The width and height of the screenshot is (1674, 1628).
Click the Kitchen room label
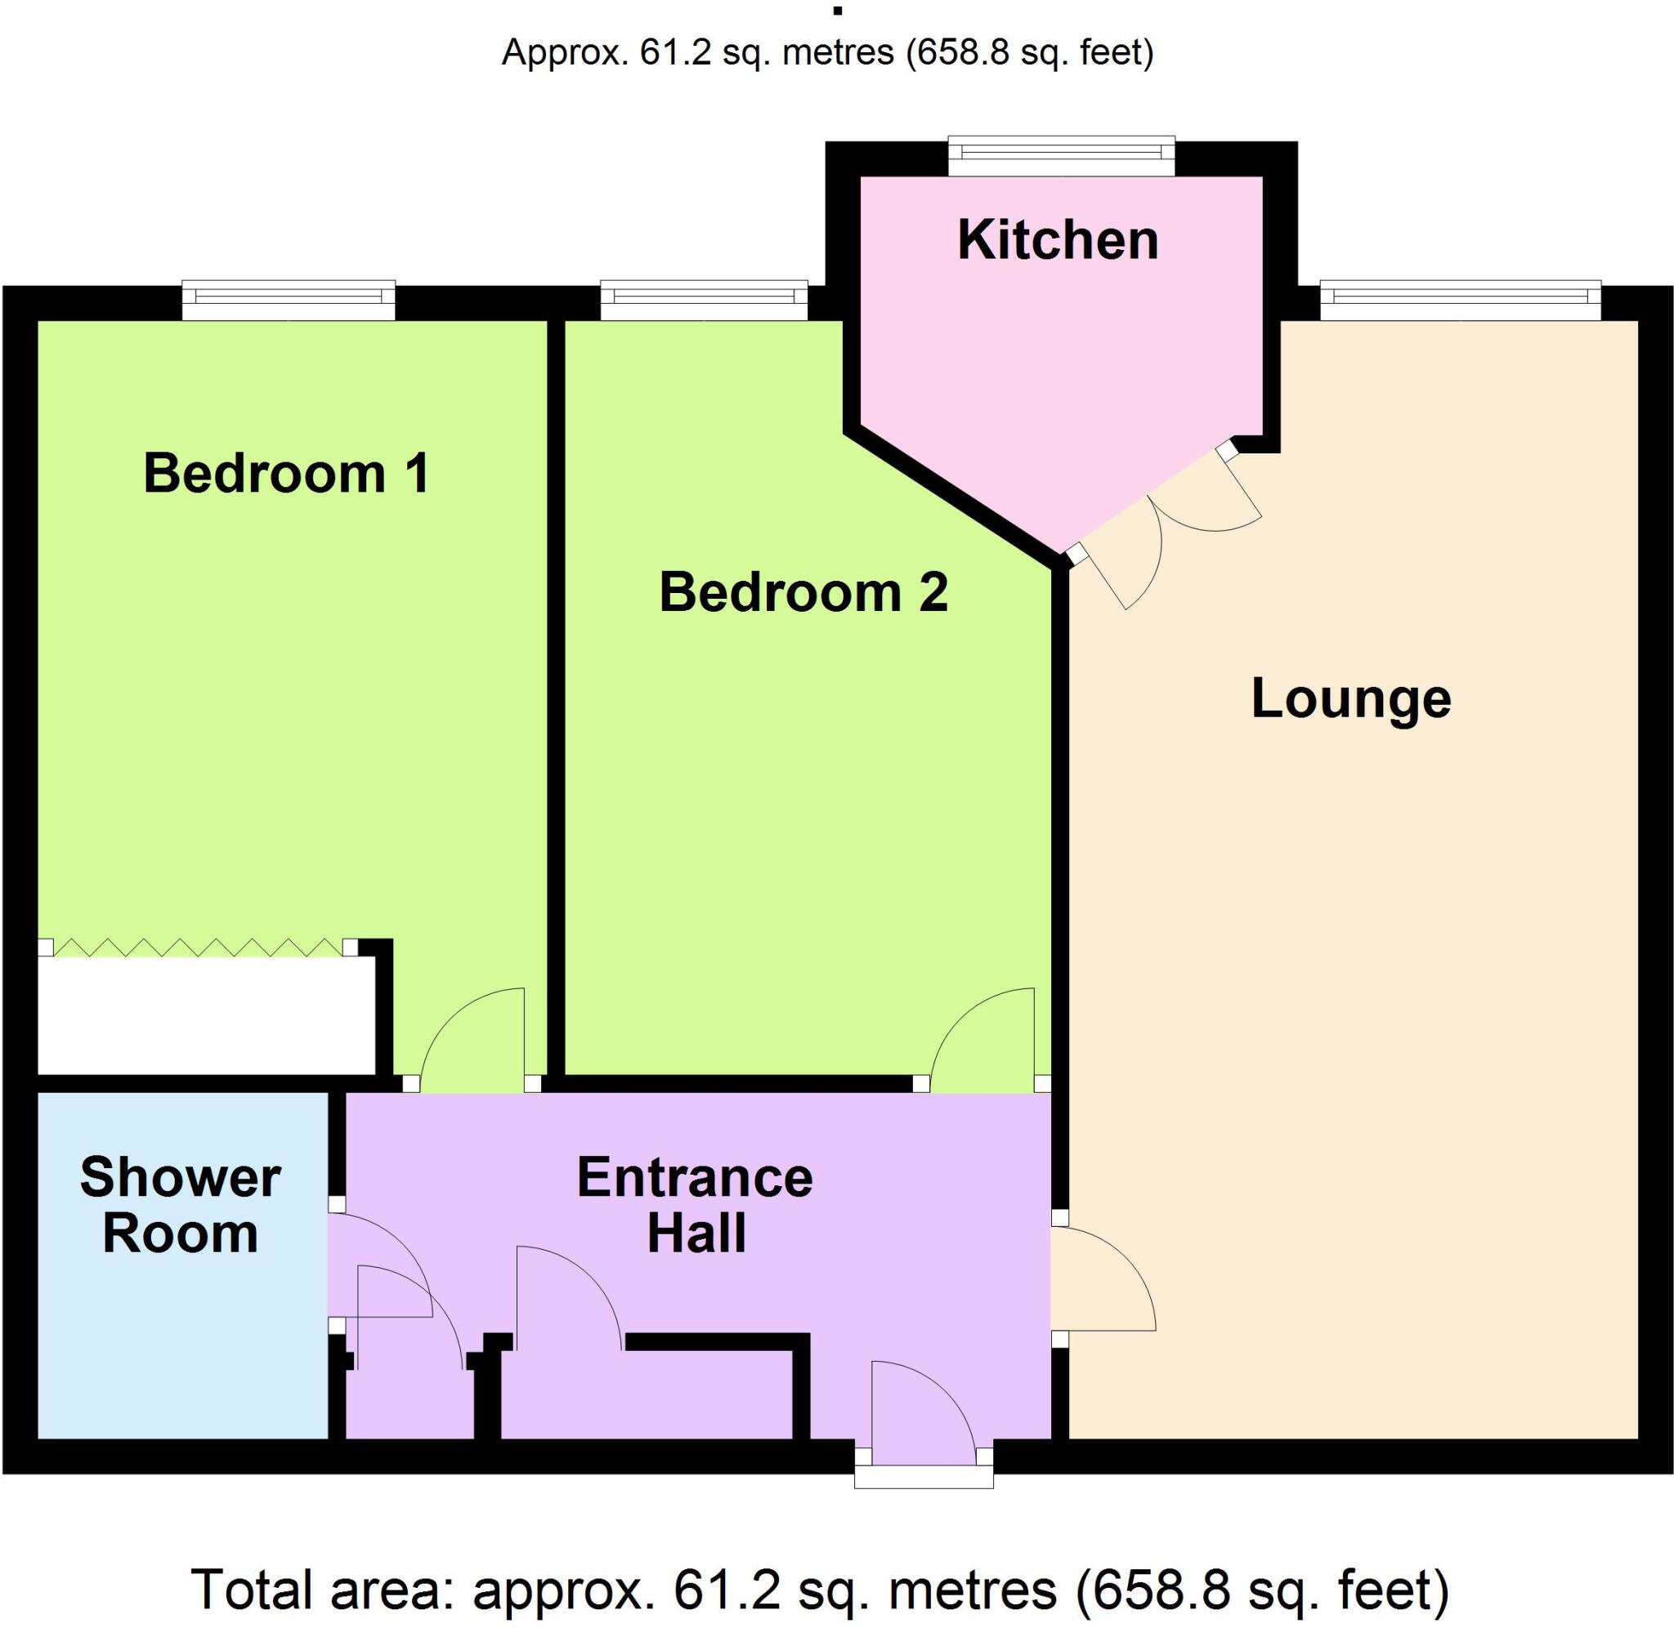[1057, 240]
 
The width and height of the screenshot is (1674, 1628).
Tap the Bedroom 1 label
[286, 473]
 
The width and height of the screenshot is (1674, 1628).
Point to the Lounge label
[1350, 698]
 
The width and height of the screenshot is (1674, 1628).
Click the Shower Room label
[181, 1205]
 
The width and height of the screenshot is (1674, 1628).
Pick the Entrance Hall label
[695, 1205]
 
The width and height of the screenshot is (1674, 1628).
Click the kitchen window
[1061, 154]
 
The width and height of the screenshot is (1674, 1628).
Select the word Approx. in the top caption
[564, 53]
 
